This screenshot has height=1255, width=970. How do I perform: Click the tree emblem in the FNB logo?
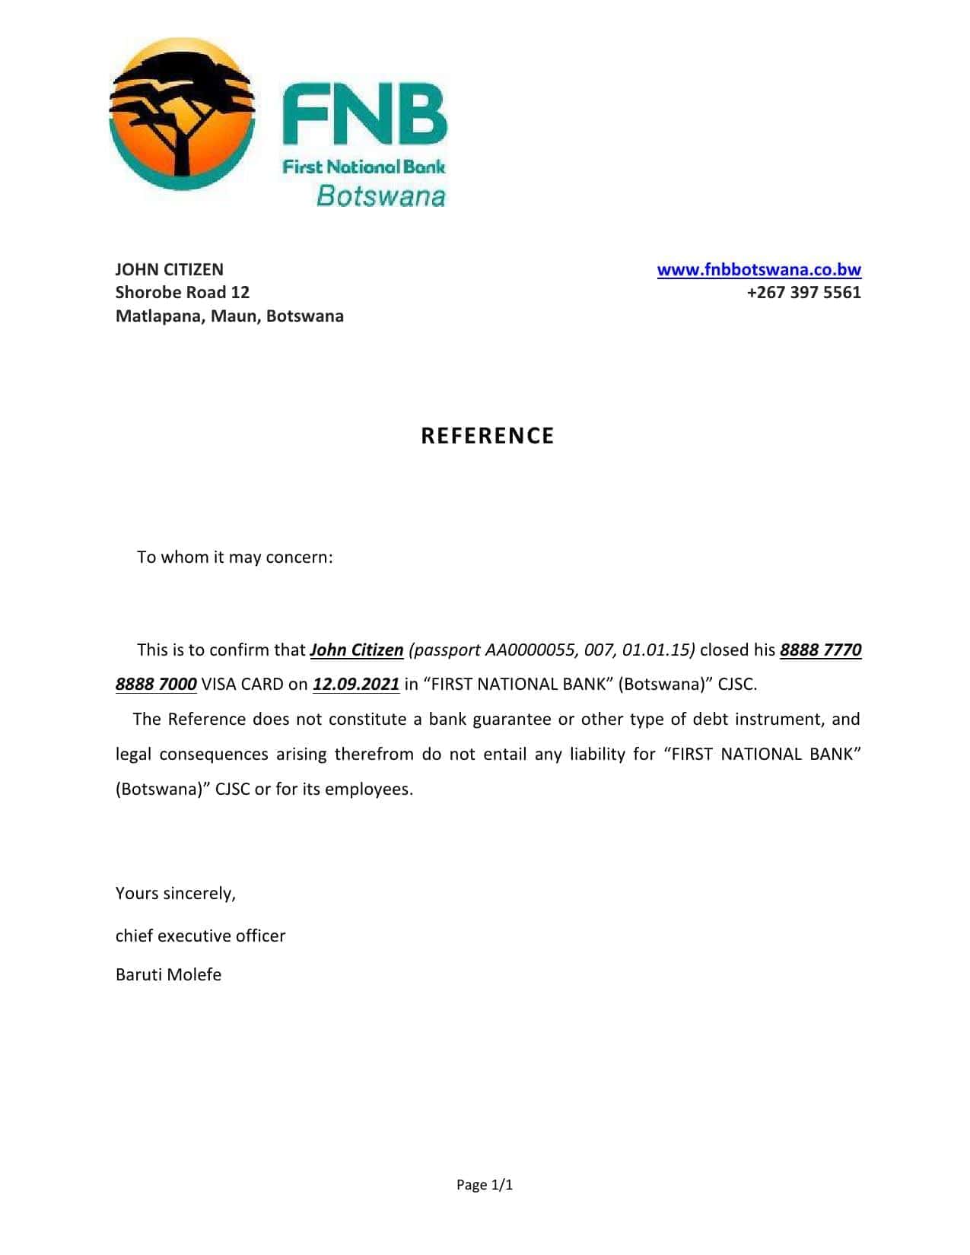pyautogui.click(x=181, y=114)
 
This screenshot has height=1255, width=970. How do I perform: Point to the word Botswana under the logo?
pyautogui.click(x=380, y=196)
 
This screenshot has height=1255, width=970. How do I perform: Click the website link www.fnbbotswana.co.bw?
pyautogui.click(x=759, y=270)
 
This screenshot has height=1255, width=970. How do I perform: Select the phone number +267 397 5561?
pyautogui.click(x=803, y=293)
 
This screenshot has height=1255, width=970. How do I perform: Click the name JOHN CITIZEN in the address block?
pyautogui.click(x=169, y=270)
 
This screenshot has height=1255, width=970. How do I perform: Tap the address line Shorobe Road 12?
pyautogui.click(x=182, y=293)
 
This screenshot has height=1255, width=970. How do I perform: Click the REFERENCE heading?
pyautogui.click(x=488, y=436)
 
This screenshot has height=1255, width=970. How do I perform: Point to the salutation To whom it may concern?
pyautogui.click(x=234, y=558)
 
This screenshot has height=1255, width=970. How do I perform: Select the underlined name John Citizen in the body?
pyautogui.click(x=357, y=650)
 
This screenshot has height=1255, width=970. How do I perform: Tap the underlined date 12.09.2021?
pyautogui.click(x=356, y=685)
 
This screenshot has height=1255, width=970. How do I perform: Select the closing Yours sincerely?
pyautogui.click(x=176, y=894)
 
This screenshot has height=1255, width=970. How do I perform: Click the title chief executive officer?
pyautogui.click(x=200, y=936)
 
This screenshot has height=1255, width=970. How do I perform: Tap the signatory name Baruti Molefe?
pyautogui.click(x=168, y=975)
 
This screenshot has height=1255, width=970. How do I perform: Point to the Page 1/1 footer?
pyautogui.click(x=485, y=1185)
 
